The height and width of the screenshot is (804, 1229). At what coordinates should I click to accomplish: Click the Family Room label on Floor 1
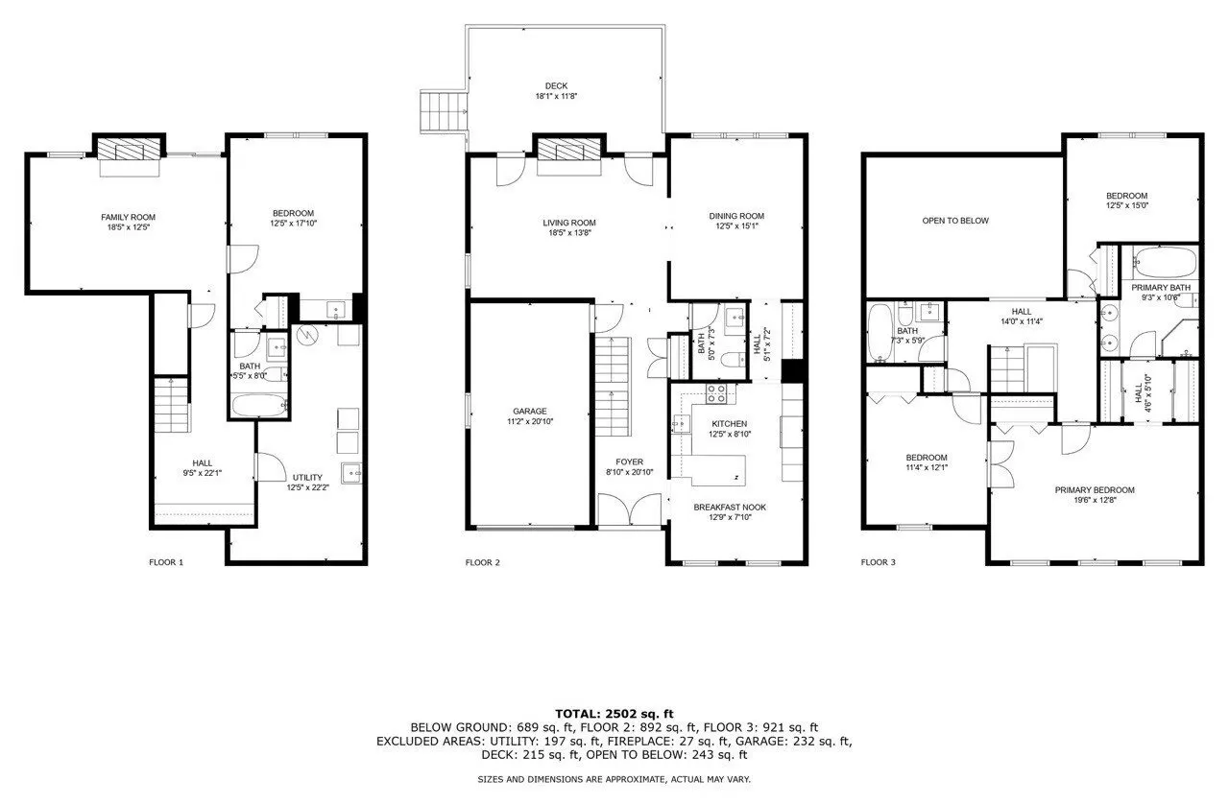[x=128, y=217]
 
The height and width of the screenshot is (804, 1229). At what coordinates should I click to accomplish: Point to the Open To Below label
[x=954, y=221]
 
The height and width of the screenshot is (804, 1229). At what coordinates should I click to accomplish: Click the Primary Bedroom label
[x=1094, y=490]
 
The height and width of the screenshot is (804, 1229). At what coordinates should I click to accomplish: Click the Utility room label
[x=307, y=477]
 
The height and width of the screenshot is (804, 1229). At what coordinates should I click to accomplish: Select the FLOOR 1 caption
[x=166, y=562]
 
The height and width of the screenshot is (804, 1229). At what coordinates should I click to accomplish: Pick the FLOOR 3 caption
[x=878, y=562]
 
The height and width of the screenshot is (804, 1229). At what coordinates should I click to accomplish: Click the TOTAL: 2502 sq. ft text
[x=614, y=713]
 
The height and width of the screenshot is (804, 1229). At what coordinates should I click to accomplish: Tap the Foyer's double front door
[x=629, y=509]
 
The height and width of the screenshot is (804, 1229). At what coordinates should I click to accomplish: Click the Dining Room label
[x=736, y=216]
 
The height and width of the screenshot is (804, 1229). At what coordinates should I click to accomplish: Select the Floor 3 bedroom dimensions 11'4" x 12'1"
[x=926, y=468]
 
